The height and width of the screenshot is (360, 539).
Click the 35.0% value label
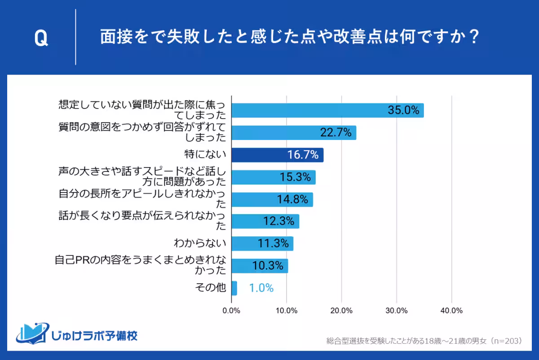[403, 110]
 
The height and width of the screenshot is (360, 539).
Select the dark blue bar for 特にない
[277, 155]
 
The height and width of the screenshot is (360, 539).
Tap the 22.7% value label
[336, 133]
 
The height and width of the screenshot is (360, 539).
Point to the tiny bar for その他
[234, 288]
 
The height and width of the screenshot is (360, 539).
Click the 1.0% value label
[261, 288]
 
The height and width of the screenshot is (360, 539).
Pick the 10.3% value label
[268, 266]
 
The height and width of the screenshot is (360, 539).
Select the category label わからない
[200, 244]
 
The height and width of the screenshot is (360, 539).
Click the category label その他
[211, 288]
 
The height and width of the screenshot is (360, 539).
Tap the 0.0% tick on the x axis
[231, 311]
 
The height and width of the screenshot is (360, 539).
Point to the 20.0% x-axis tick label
[341, 311]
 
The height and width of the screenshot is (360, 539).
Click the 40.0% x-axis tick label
[451, 311]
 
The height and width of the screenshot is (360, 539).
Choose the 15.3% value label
[295, 177]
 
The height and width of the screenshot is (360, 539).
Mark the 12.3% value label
[278, 221]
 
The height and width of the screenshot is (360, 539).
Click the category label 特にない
[205, 155]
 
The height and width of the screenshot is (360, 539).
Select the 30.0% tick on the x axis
[397, 311]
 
